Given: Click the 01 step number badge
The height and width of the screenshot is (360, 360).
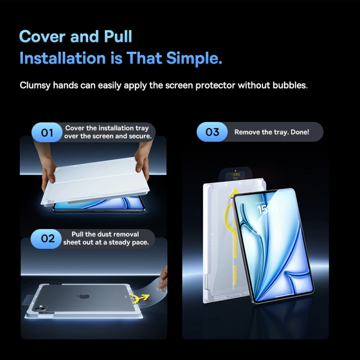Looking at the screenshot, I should pyautogui.click(x=47, y=133).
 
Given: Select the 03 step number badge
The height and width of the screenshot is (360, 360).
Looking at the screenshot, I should pyautogui.click(x=212, y=132).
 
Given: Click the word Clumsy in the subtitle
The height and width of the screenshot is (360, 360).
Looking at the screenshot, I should pyautogui.click(x=35, y=86).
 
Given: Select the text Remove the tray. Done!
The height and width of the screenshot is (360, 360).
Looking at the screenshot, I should pyautogui.click(x=272, y=132).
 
